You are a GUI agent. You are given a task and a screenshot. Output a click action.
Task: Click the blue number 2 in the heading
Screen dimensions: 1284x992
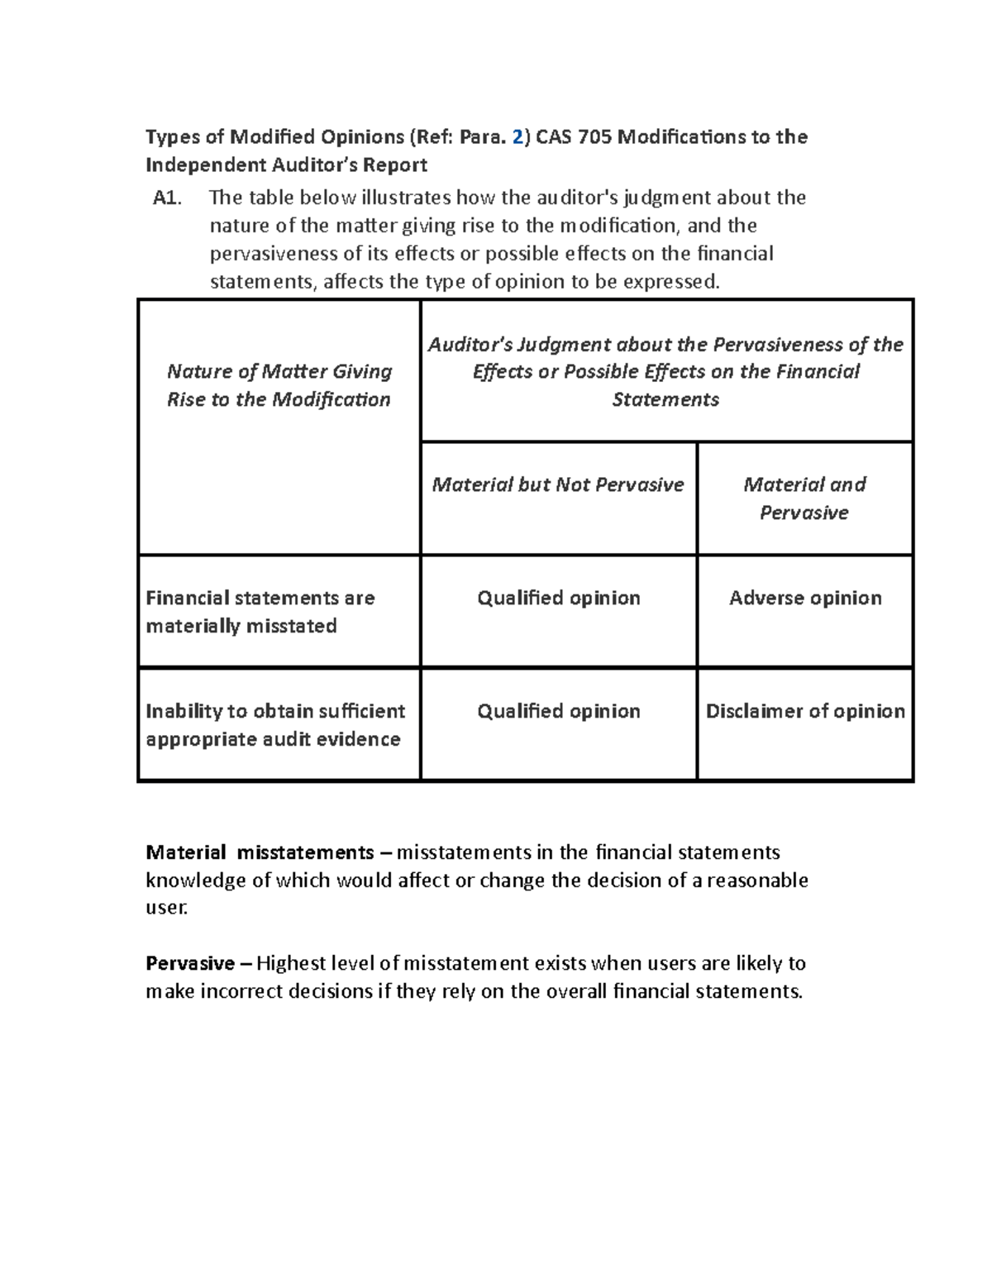pyautogui.click(x=517, y=136)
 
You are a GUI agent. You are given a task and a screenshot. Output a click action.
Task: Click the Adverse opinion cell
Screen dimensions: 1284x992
pyautogui.click(x=804, y=598)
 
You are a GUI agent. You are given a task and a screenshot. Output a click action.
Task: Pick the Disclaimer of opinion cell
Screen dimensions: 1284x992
pyautogui.click(x=804, y=711)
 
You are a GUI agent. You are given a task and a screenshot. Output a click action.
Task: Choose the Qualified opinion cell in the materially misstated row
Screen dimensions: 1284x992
pyautogui.click(x=558, y=598)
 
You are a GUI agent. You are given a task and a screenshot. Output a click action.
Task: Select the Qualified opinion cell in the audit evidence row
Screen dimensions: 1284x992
pyautogui.click(x=558, y=711)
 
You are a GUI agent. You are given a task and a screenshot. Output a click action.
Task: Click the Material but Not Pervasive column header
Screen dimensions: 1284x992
pyautogui.click(x=558, y=484)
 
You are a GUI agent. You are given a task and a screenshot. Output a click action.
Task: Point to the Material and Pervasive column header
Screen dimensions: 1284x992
pyautogui.click(x=804, y=499)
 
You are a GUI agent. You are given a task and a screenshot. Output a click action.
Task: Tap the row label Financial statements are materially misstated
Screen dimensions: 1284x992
pyautogui.click(x=260, y=612)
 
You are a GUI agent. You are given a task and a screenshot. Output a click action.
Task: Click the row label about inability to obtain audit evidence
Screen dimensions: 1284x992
pyautogui.click(x=274, y=725)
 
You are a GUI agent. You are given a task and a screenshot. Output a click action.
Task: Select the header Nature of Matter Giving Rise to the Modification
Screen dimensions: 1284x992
pyautogui.click(x=279, y=385)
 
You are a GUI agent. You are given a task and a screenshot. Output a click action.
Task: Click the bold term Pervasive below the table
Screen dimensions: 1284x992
pyautogui.click(x=190, y=963)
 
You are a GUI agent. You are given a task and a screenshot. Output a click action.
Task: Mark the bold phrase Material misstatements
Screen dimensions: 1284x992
pyautogui.click(x=260, y=852)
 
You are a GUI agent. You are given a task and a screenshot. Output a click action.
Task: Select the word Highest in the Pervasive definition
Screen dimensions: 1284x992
pyautogui.click(x=291, y=963)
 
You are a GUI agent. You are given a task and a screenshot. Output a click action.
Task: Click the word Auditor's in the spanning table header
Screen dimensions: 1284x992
pyautogui.click(x=465, y=344)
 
